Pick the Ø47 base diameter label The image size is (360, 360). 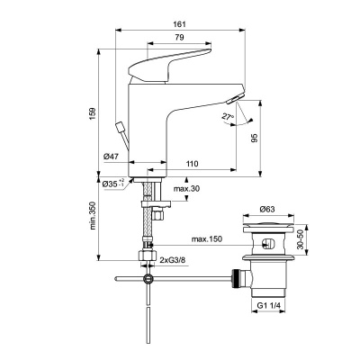click(112, 157)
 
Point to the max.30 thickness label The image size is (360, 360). click(187, 188)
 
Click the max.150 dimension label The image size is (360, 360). click(208, 239)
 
